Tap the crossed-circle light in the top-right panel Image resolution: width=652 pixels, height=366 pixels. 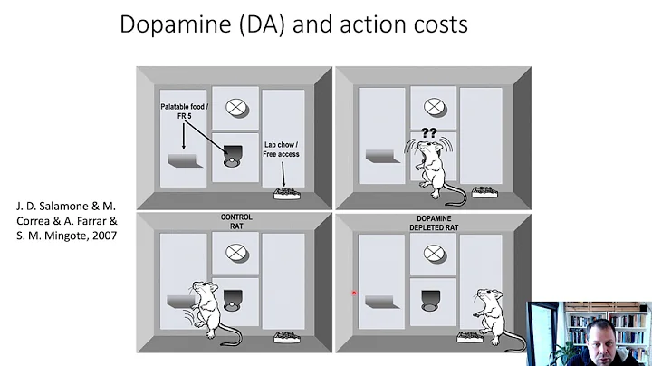click(x=432, y=106)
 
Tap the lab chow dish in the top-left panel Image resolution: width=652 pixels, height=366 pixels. click(x=288, y=193)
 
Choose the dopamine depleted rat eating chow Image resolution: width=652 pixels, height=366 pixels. click(x=488, y=316)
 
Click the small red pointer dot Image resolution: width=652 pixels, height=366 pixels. click(x=353, y=293)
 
